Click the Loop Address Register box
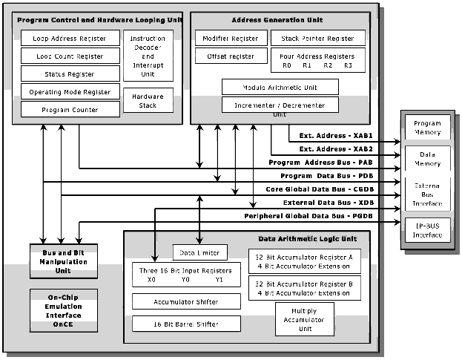click(x=70, y=38)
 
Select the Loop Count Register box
click(x=70, y=56)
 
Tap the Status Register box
click(x=70, y=73)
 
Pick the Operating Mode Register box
click(x=70, y=92)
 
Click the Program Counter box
click(x=70, y=109)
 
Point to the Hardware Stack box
click(x=148, y=101)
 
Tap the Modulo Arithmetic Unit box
click(x=280, y=87)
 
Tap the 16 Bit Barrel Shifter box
click(x=185, y=324)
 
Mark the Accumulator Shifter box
click(x=185, y=301)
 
